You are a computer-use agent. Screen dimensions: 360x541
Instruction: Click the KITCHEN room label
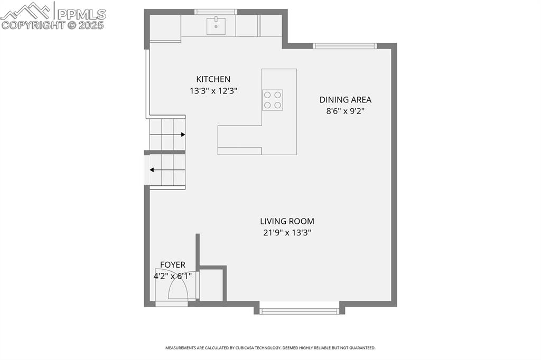[213, 79]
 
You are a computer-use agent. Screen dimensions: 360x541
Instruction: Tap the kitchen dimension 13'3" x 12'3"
[213, 91]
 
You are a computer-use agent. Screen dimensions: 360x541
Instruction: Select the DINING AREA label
[345, 99]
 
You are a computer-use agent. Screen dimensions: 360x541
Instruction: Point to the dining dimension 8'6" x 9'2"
[345, 111]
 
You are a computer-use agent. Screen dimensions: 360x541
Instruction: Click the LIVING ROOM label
[287, 221]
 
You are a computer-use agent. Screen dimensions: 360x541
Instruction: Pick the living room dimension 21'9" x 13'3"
[287, 233]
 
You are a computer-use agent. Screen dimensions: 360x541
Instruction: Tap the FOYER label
[173, 264]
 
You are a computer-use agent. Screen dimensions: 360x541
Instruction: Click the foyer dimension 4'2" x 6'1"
[173, 276]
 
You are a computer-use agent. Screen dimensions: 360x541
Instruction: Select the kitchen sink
[216, 26]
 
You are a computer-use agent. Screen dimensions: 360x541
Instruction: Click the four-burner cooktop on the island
[272, 100]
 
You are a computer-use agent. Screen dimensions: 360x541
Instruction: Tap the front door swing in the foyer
[178, 289]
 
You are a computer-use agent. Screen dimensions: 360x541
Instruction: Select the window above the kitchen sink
[215, 12]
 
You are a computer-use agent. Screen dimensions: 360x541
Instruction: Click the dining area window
[344, 46]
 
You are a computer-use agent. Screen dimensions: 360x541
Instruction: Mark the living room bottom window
[299, 311]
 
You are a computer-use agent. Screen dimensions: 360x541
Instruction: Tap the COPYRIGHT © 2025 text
[53, 25]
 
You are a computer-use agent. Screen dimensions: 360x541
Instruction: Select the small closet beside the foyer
[211, 285]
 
